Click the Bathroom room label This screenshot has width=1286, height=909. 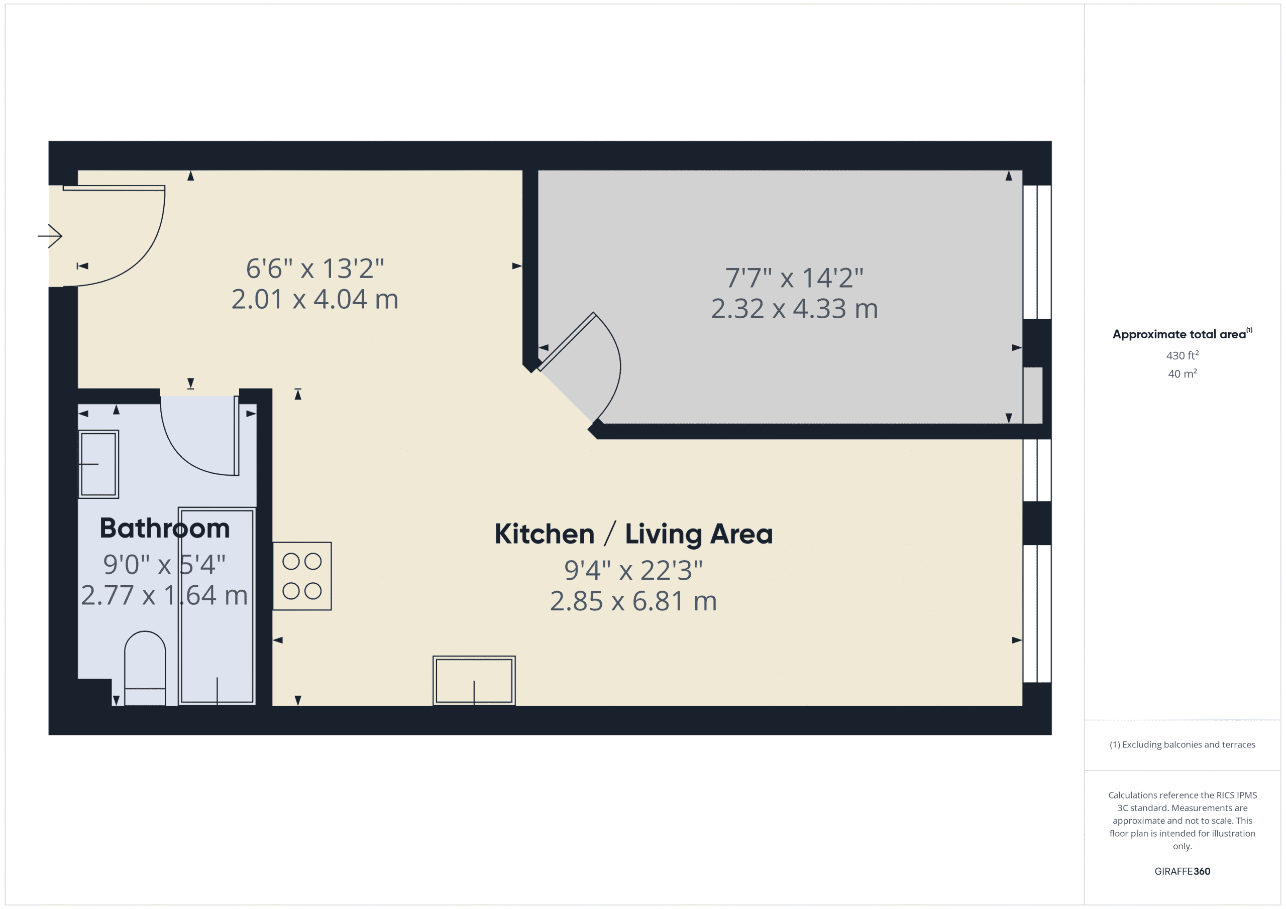pyautogui.click(x=165, y=529)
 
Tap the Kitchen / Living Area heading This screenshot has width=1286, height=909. pyautogui.click(x=633, y=534)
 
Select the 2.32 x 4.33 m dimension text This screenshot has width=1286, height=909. pyautogui.click(x=794, y=308)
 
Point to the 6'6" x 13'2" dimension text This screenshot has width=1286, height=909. pyautogui.click(x=315, y=269)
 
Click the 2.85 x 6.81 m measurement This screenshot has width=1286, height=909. pyautogui.click(x=633, y=601)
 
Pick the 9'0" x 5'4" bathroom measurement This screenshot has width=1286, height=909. pyautogui.click(x=164, y=565)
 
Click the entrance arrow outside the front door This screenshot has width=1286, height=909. pyautogui.click(x=50, y=235)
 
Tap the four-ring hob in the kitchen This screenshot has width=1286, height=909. pyautogui.click(x=302, y=576)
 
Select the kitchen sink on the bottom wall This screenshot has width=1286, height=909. pyautogui.click(x=474, y=680)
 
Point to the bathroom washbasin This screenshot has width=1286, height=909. pyautogui.click(x=98, y=464)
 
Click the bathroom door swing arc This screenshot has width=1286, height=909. pyautogui.click(x=190, y=453)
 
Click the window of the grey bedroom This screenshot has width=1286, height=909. pyautogui.click(x=1037, y=252)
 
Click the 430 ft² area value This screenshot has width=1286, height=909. pyautogui.click(x=1182, y=355)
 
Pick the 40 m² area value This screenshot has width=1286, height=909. pyautogui.click(x=1182, y=373)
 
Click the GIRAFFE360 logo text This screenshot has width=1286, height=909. pyautogui.click(x=1182, y=871)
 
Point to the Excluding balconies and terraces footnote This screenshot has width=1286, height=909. pyautogui.click(x=1182, y=744)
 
